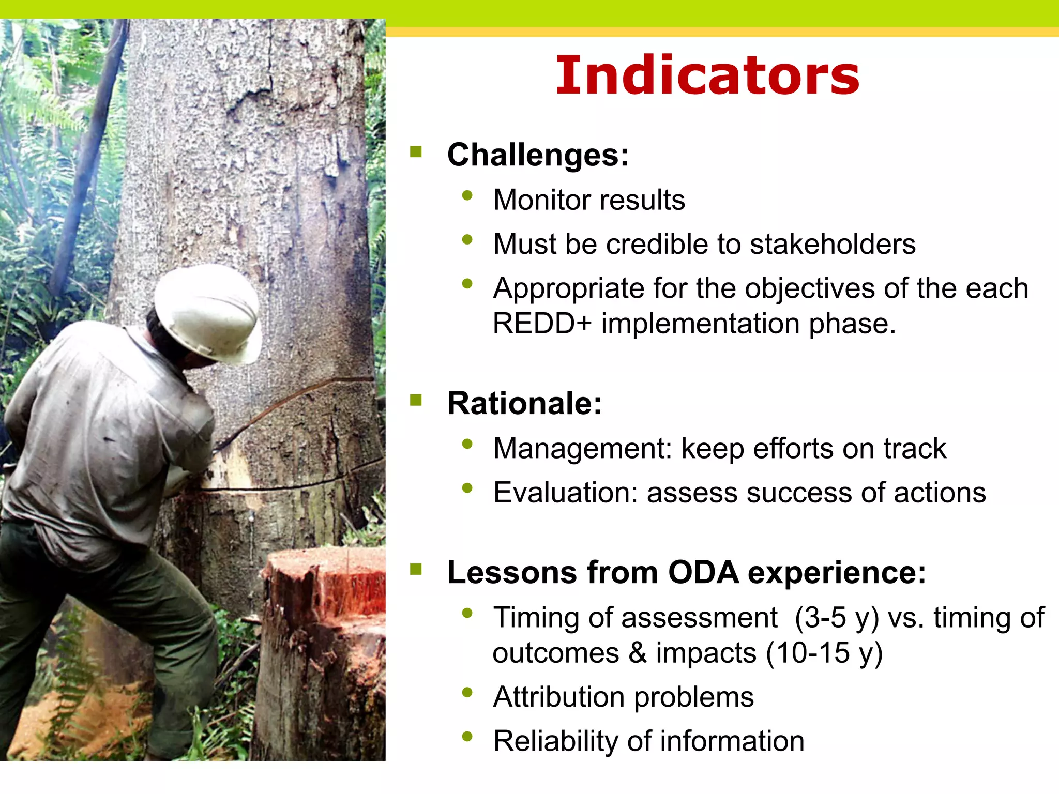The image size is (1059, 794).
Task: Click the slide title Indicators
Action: click(x=707, y=76)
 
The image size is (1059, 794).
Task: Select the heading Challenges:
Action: click(x=538, y=155)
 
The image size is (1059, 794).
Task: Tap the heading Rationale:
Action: click(x=524, y=403)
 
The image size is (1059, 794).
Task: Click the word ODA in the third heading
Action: click(x=703, y=573)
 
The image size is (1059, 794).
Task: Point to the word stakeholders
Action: click(x=832, y=244)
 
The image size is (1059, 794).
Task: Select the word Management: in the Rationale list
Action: click(x=582, y=448)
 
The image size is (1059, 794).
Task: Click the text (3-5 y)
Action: click(x=836, y=618)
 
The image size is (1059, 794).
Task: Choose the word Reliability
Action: click(x=555, y=741)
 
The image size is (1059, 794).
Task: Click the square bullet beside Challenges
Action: click(x=416, y=151)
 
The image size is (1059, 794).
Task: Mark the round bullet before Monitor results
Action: click(x=467, y=195)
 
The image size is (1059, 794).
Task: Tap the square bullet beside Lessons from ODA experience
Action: click(x=416, y=569)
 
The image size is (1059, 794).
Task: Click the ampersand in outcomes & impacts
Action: click(x=638, y=653)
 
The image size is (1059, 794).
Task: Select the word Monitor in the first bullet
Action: click(x=535, y=200)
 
